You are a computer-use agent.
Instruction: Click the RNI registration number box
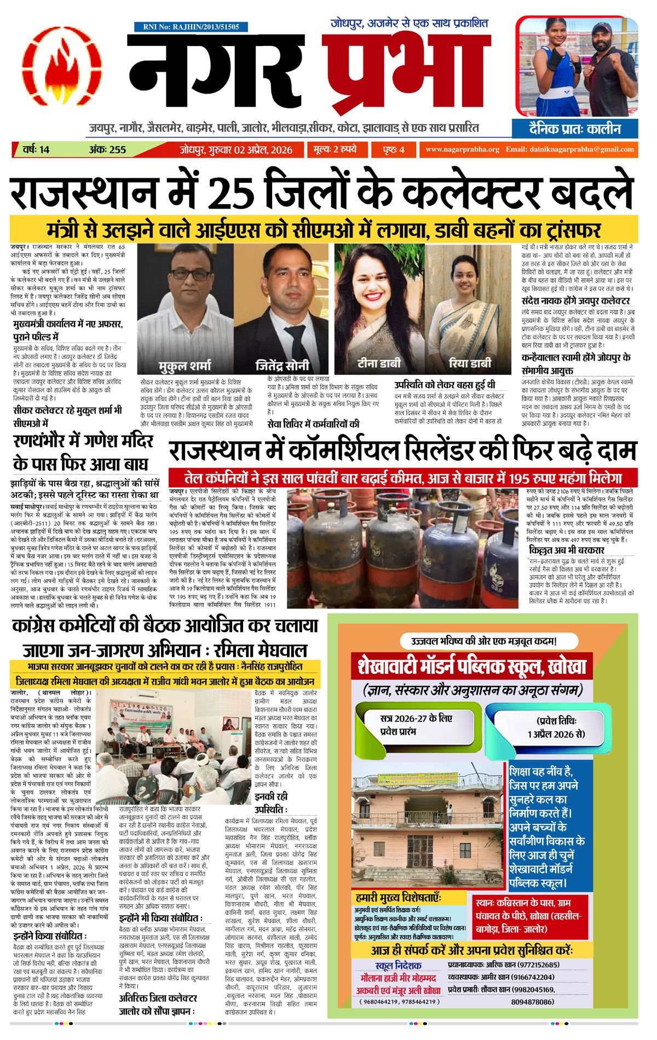191,27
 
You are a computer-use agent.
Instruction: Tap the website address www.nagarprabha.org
462,149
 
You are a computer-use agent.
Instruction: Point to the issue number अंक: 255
107,149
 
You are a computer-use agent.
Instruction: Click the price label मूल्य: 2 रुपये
335,149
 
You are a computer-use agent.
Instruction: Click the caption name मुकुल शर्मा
185,365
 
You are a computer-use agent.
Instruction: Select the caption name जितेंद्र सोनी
283,365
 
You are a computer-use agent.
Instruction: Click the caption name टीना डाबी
379,363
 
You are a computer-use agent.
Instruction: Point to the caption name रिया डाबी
470,363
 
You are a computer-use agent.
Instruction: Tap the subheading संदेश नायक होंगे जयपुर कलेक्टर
575,301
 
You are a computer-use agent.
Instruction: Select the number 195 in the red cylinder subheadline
522,477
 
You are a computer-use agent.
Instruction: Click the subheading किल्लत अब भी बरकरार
567,550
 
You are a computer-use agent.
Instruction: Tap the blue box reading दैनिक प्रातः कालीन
575,129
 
